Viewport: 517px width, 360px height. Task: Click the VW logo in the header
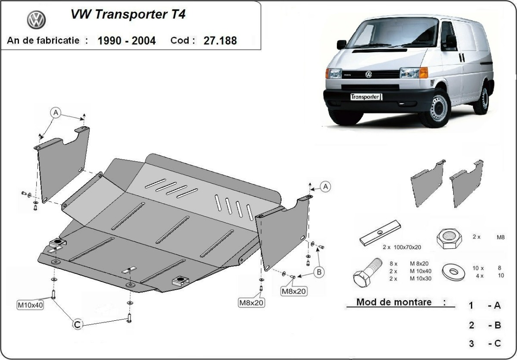36,20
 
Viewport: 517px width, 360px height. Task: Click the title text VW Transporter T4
128,15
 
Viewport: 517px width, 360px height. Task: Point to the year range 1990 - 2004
127,41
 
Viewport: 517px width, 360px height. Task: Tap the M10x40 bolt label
30,305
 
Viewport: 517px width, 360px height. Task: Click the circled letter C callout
78,325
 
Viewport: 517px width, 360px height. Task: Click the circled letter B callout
319,272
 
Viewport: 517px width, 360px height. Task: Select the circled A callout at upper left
55,113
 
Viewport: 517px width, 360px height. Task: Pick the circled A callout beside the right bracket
326,186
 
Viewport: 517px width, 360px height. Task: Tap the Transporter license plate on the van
365,97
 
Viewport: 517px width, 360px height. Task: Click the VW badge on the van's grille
368,75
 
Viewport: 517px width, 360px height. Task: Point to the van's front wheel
436,108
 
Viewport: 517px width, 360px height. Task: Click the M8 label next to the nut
500,237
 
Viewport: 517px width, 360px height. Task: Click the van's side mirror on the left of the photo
341,44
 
